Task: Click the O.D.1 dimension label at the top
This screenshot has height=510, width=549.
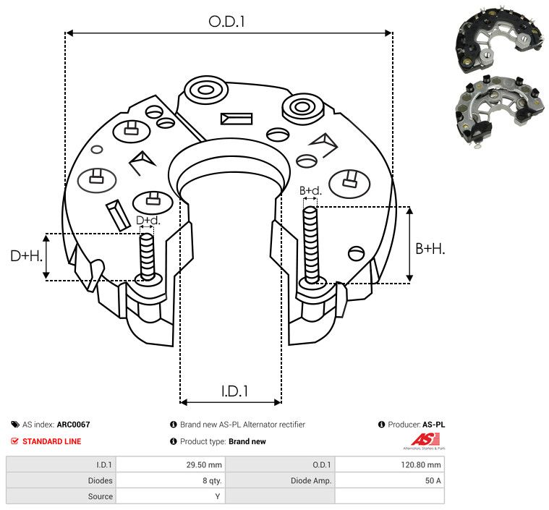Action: pyautogui.click(x=226, y=22)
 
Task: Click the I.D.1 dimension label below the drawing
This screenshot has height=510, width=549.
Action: pyautogui.click(x=234, y=391)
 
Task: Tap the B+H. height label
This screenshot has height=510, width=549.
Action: pyautogui.click(x=430, y=249)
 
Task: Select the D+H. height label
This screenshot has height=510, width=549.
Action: pyautogui.click(x=26, y=256)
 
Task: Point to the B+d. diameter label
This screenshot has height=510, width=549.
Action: pyautogui.click(x=310, y=190)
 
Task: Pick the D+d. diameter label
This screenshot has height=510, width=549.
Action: pyautogui.click(x=148, y=221)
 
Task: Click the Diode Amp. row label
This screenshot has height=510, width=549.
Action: pyautogui.click(x=310, y=480)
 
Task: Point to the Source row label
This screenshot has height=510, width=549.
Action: pyautogui.click(x=100, y=496)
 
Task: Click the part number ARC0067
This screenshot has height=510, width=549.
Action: pyautogui.click(x=73, y=425)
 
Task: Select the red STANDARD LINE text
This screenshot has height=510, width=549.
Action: pyautogui.click(x=52, y=441)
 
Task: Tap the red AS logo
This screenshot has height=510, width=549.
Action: pyautogui.click(x=425, y=440)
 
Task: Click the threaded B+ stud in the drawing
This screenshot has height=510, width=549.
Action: pyautogui.click(x=310, y=245)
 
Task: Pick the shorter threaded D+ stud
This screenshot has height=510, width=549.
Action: pyautogui.click(x=147, y=256)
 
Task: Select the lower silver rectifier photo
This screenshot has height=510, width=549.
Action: pyautogui.click(x=500, y=111)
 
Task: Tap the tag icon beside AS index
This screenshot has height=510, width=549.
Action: pyautogui.click(x=15, y=425)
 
